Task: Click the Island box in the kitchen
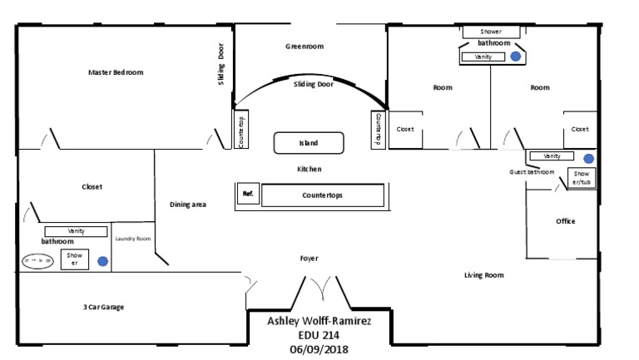point(309,143)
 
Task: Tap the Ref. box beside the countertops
point(247,193)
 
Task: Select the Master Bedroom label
point(116,72)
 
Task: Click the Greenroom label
point(305,47)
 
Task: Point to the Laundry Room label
point(132,239)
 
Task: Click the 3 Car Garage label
point(103,307)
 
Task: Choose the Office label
point(566,221)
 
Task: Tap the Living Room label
point(484,275)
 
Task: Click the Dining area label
point(188,204)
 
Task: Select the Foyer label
point(310,259)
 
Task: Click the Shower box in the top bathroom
point(490,32)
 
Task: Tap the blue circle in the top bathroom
point(516,57)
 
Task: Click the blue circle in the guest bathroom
point(588,158)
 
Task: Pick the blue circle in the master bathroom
point(102,260)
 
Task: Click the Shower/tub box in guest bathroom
point(581,178)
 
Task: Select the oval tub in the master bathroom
point(37,260)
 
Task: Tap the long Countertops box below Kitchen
point(322,195)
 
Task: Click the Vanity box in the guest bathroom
point(551,156)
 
